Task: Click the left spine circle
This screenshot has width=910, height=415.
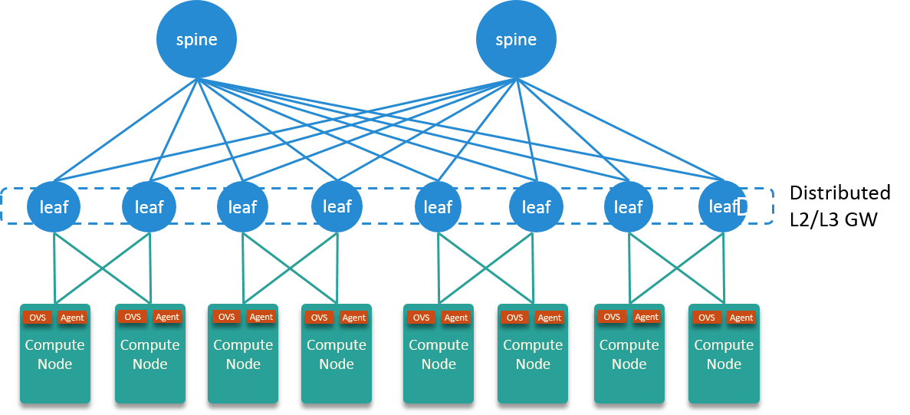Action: coord(197,40)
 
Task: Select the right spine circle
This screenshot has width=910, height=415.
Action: coord(516,40)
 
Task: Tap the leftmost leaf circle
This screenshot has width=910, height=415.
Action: coord(54,206)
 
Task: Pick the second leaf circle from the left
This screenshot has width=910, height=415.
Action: coord(149,206)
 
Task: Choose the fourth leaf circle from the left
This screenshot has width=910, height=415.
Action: coord(337,206)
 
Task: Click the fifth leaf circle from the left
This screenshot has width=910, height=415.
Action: coord(438,206)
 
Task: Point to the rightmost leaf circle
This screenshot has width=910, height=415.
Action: coord(722,206)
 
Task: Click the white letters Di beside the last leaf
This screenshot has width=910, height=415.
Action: coord(747,207)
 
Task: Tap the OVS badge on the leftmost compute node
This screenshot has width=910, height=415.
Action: coord(38,317)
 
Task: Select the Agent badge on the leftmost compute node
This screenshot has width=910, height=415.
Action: coord(72,318)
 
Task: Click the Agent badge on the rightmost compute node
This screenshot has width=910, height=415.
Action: coord(741,318)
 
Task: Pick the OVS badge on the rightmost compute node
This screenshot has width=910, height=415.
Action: coord(707,318)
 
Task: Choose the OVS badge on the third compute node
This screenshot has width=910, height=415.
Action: coord(226,317)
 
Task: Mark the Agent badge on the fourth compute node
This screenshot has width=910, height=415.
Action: coord(353,318)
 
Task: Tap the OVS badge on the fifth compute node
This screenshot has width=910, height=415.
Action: coord(421,318)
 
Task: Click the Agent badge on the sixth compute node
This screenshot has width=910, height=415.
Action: coord(549,318)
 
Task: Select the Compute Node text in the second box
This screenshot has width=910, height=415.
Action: coord(149,354)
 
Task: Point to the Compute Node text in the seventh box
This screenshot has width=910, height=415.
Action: coord(629,354)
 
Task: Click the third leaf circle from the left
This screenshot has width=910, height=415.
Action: coord(242,206)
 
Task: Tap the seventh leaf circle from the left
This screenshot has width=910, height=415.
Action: coord(628,206)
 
